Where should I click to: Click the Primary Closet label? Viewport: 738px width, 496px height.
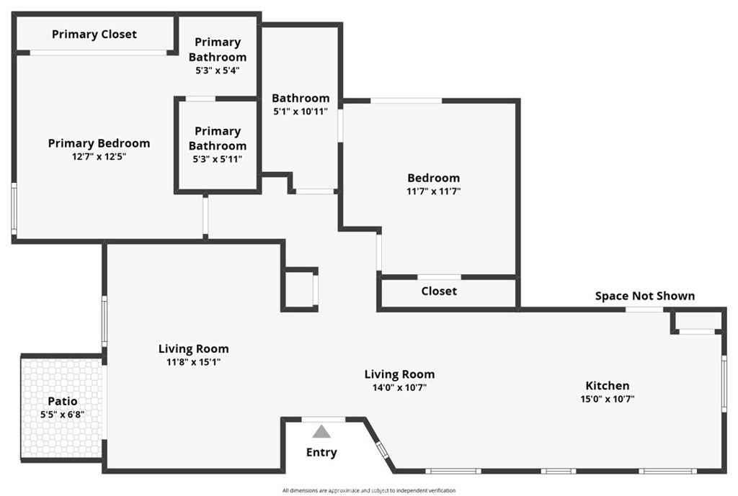pyautogui.click(x=94, y=34)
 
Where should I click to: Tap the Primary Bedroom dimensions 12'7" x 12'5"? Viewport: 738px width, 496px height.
pyautogui.click(x=99, y=156)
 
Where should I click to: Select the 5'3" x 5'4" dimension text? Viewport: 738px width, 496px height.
pyautogui.click(x=218, y=71)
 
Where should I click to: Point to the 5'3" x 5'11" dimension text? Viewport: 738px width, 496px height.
pyautogui.click(x=218, y=159)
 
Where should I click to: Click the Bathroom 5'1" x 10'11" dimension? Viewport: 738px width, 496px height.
pyautogui.click(x=301, y=112)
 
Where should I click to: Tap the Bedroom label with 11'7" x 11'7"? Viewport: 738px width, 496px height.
pyautogui.click(x=433, y=178)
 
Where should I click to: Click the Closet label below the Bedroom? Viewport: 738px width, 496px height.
pyautogui.click(x=439, y=291)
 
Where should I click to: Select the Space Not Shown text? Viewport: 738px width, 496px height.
pyautogui.click(x=644, y=296)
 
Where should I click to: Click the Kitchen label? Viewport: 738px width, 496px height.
pyautogui.click(x=607, y=386)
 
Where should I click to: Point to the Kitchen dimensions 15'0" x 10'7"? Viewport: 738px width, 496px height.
pyautogui.click(x=607, y=399)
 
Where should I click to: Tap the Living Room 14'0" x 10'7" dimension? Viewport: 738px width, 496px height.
pyautogui.click(x=399, y=387)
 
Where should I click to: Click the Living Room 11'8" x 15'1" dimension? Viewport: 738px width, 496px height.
pyautogui.click(x=193, y=362)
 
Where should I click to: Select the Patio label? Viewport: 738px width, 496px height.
pyautogui.click(x=63, y=401)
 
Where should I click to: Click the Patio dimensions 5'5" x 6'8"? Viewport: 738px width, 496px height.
pyautogui.click(x=63, y=415)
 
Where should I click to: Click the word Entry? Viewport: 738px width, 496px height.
pyautogui.click(x=321, y=452)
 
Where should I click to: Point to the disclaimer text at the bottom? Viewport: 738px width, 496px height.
pyautogui.click(x=368, y=490)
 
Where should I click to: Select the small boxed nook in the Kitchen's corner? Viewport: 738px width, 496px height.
pyautogui.click(x=697, y=320)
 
